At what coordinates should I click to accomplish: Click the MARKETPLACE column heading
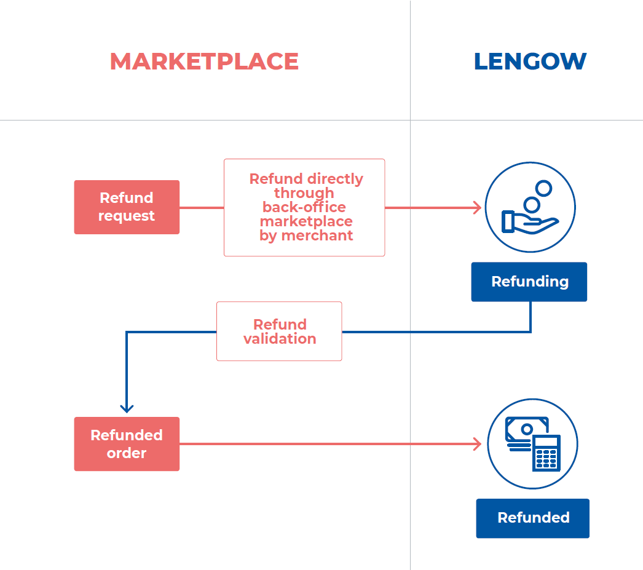204,61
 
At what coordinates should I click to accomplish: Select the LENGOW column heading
530,61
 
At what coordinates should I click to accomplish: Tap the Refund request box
127,207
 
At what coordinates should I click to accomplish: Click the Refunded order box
127,444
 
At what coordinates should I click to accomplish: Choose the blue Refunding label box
529,282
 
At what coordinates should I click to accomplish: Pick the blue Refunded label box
533,518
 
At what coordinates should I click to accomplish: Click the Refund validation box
279,331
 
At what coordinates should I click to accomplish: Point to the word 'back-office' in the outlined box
304,207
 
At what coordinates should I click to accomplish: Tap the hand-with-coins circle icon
530,207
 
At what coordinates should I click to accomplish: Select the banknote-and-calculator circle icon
532,444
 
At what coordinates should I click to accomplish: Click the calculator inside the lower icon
546,453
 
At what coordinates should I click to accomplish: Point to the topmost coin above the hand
543,188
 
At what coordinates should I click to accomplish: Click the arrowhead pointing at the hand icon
477,208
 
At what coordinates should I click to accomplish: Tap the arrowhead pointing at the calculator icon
477,444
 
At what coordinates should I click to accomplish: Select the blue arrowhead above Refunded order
127,408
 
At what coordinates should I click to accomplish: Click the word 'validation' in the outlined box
280,339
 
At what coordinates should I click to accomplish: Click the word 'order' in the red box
127,453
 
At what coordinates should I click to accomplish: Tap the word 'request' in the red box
127,216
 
